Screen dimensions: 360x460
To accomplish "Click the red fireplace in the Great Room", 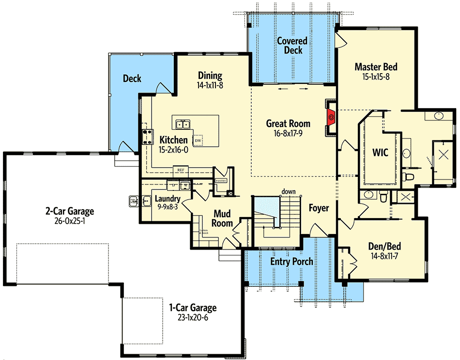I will [x=331, y=117].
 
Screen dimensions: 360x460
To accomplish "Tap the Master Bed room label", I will [x=376, y=67].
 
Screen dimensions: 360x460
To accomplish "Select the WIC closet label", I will [x=380, y=153].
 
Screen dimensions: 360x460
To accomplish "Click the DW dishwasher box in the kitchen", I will [x=198, y=141].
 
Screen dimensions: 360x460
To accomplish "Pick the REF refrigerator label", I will [x=180, y=170].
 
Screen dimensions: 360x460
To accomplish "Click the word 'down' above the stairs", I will [x=289, y=192].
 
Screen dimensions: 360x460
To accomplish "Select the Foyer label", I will [x=319, y=208].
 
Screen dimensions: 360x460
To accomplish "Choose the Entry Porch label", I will [x=291, y=262].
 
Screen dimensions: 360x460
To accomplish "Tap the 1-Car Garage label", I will [x=193, y=308].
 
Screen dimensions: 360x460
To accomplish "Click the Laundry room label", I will [x=168, y=199].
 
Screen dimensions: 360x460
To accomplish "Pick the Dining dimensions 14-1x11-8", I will [x=210, y=85].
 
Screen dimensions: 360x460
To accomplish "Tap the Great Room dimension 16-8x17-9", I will [x=288, y=133].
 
